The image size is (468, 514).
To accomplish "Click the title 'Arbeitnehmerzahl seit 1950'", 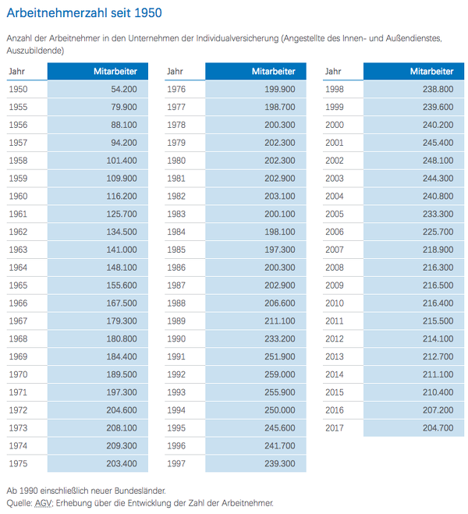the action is click(84, 12).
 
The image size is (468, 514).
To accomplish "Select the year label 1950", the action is click(18, 89).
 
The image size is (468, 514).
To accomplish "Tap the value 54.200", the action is click(124, 89).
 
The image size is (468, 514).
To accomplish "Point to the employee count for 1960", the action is click(122, 196).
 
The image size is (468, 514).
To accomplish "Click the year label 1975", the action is click(18, 463).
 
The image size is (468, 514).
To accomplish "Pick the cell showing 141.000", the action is click(122, 250).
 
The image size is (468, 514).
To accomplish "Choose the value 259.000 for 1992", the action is click(280, 374).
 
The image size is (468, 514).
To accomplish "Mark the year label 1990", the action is click(176, 339).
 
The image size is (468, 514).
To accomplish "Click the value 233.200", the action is click(280, 339).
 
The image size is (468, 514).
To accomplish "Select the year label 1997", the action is click(176, 463).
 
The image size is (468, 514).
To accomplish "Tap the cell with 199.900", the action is click(280, 89).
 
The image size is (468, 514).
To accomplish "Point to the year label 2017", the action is click(335, 427).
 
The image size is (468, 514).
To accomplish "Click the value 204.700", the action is click(438, 427).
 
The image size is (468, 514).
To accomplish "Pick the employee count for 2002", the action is click(438, 161).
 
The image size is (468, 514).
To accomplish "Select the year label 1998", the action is click(335, 89).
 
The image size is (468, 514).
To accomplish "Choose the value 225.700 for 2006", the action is click(438, 232).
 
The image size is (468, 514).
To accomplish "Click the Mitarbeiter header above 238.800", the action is click(431, 71).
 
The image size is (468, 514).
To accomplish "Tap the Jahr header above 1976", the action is click(175, 71).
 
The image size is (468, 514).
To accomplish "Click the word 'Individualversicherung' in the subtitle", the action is click(237, 38).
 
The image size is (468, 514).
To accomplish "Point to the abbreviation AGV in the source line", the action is click(43, 503).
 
